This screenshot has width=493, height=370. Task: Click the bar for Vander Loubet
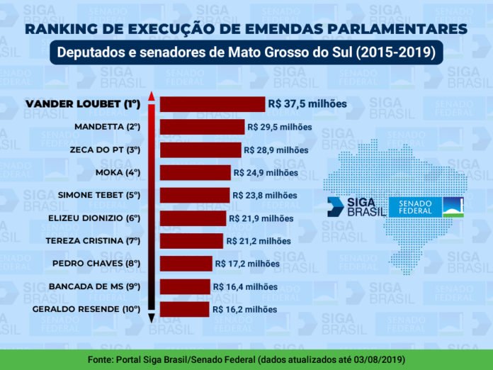tap(212, 104)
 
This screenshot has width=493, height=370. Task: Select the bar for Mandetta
tap(202, 127)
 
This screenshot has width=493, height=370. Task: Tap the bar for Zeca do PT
tap(200, 150)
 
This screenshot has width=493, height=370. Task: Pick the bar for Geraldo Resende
tap(184, 310)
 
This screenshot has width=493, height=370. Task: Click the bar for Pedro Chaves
tap(186, 264)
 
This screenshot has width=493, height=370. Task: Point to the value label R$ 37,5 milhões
tap(307, 103)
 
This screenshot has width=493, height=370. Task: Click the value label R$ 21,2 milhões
tap(259, 241)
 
